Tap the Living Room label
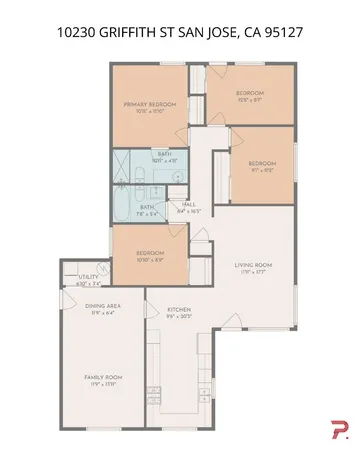coord(253,265)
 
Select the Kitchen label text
coord(179,311)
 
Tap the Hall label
coord(189,205)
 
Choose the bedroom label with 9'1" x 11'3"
coord(262,163)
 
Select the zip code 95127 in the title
coord(283,33)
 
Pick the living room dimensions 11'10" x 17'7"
coord(253,271)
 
